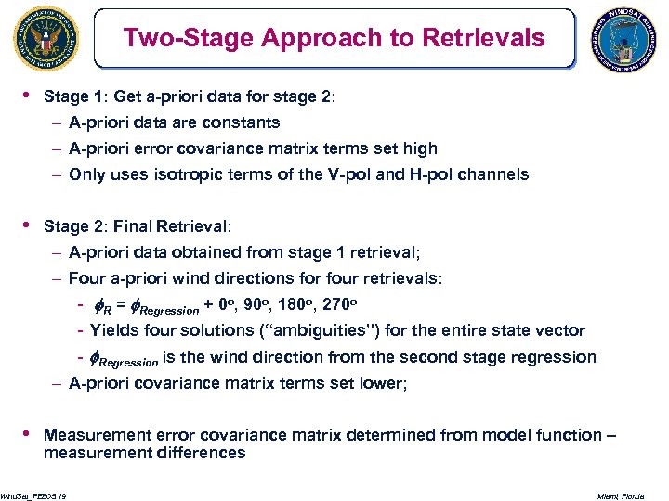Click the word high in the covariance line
[418, 148]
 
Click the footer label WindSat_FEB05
[31, 496]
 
